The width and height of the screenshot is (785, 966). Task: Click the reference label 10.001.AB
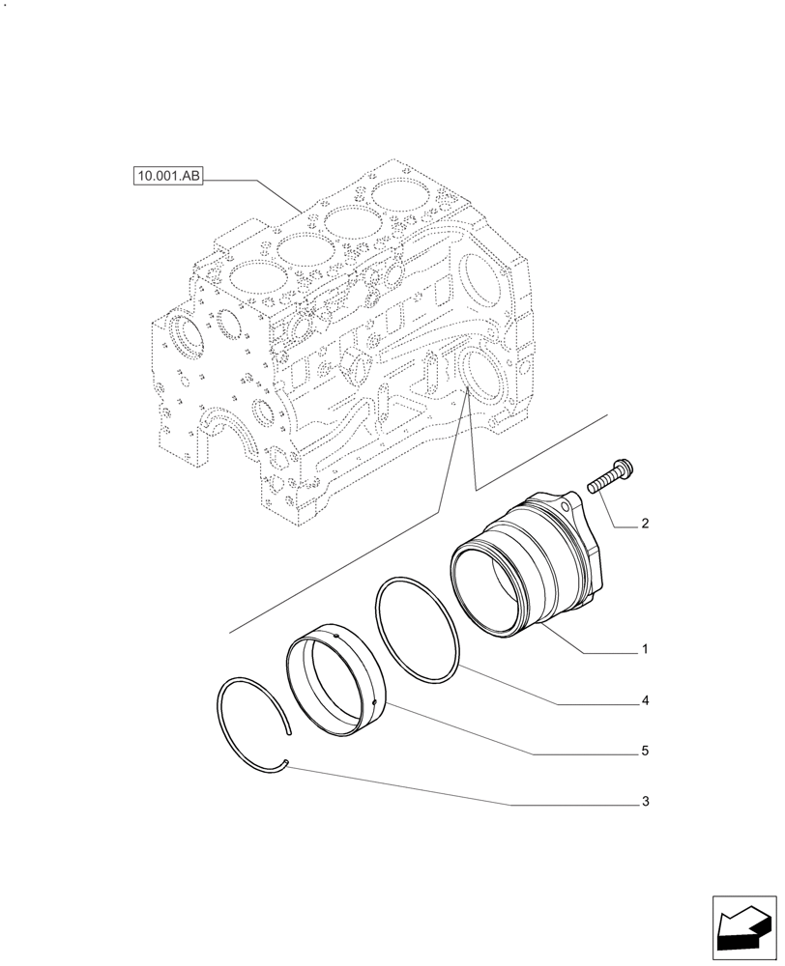pos(168,177)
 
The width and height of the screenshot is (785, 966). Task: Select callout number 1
pos(644,650)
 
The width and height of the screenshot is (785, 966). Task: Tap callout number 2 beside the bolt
pos(644,526)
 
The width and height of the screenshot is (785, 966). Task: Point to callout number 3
pos(644,802)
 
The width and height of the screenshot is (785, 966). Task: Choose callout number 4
pos(644,701)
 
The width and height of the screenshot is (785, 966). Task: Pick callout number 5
pos(644,751)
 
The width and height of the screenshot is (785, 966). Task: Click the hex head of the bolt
pos(620,468)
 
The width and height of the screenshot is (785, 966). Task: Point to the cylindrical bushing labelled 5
pos(338,675)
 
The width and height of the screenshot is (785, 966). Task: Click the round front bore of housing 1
pos(488,589)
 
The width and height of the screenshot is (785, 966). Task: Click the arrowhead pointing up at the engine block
pos(465,390)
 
